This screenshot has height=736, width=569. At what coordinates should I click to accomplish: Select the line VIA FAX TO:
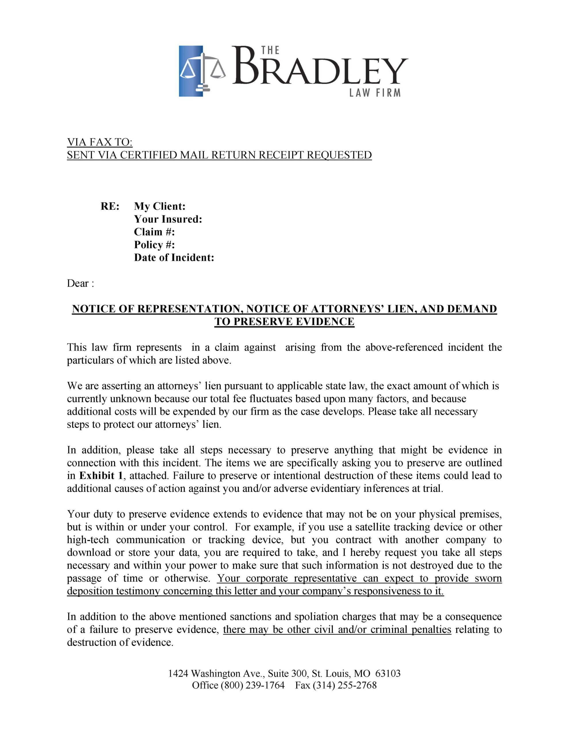pyautogui.click(x=100, y=142)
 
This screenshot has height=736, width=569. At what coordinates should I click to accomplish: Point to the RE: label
pyautogui.click(x=110, y=206)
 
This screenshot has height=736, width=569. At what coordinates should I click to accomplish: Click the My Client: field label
pyautogui.click(x=160, y=206)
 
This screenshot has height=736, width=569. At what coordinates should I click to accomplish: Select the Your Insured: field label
pyautogui.click(x=168, y=219)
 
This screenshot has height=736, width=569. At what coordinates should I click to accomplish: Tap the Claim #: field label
pyautogui.click(x=154, y=232)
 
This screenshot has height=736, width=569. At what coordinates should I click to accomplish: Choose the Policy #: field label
pyautogui.click(x=154, y=245)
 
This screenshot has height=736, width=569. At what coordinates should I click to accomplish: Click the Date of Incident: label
pyautogui.click(x=174, y=258)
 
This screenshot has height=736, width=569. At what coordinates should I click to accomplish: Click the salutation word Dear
pyautogui.click(x=78, y=283)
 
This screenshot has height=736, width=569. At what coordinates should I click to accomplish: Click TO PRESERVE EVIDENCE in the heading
pyautogui.click(x=284, y=322)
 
